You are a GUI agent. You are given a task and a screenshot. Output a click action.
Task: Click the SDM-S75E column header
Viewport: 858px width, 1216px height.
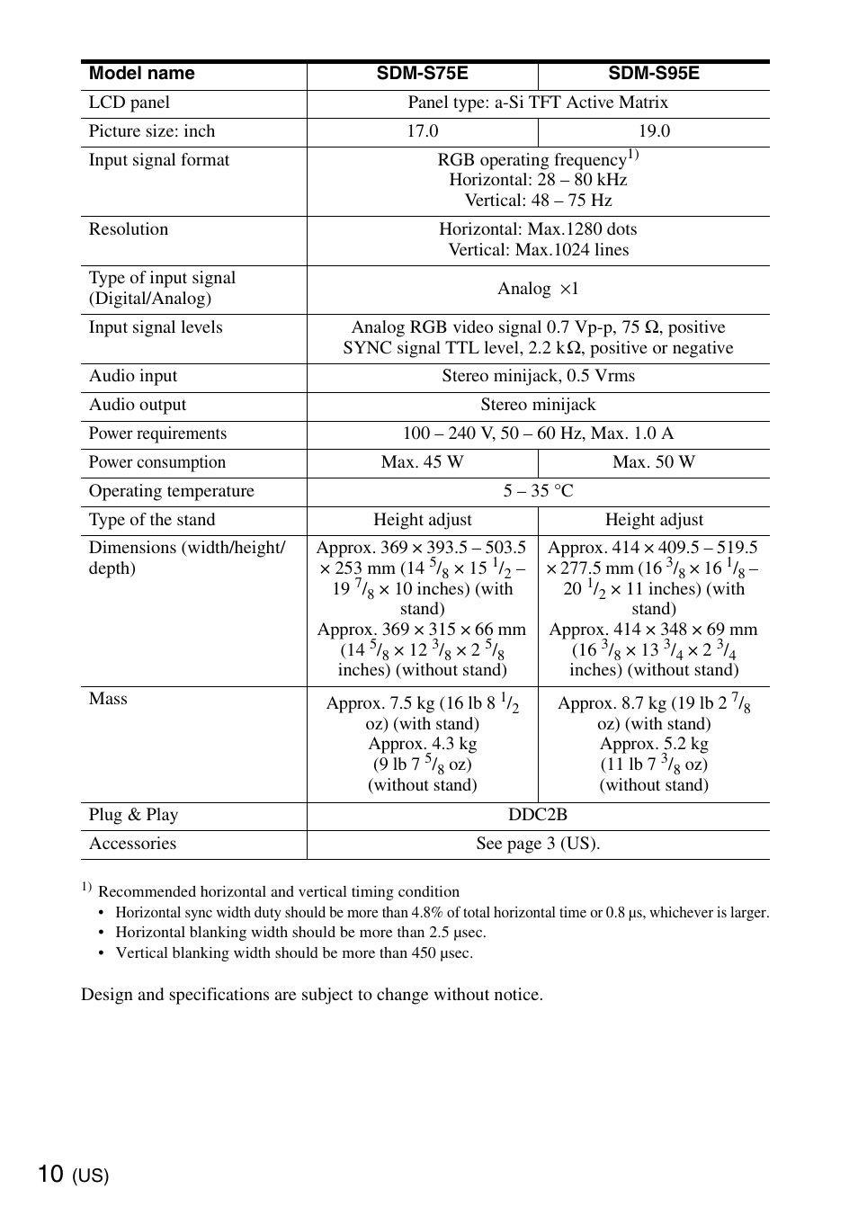tap(422, 74)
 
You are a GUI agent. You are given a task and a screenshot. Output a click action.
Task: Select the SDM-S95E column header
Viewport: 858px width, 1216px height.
tap(653, 74)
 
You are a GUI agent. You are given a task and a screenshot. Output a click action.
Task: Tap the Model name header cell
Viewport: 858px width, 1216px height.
tap(141, 74)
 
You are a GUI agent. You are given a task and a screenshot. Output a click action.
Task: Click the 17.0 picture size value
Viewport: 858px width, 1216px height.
tap(422, 131)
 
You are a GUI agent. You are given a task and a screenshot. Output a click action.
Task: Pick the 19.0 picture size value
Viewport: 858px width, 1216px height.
tap(654, 131)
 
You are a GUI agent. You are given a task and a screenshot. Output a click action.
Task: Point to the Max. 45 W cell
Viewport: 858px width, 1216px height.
tap(422, 462)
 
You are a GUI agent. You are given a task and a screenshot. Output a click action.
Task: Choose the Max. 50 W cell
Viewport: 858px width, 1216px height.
tap(654, 462)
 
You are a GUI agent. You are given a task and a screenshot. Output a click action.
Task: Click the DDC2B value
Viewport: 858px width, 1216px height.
tap(538, 815)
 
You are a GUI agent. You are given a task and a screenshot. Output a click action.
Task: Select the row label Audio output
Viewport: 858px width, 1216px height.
tap(138, 405)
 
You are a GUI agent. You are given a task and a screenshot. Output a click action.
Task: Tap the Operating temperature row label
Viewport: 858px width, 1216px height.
tap(171, 491)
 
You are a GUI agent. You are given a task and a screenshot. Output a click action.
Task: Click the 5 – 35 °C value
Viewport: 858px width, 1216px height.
tap(538, 491)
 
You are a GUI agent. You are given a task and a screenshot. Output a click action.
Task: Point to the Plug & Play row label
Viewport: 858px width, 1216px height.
tap(133, 815)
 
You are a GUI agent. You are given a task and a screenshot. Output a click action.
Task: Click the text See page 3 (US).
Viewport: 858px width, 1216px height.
tap(538, 844)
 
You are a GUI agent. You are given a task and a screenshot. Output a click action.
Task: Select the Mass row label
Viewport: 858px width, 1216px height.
tap(108, 699)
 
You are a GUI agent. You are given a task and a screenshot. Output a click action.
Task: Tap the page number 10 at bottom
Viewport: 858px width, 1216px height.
tap(51, 1174)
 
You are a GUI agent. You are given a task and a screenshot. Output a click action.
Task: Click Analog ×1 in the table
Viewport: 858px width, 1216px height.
tap(538, 289)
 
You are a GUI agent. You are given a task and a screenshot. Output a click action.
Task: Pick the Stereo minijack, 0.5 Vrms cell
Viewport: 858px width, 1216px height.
tap(538, 376)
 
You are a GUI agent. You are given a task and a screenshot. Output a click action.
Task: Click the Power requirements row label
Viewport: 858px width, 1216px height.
tap(157, 434)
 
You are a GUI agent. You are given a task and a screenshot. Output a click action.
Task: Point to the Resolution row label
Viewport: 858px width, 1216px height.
tap(129, 229)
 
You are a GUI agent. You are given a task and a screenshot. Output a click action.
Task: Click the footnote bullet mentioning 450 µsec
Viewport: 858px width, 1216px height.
tap(294, 953)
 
